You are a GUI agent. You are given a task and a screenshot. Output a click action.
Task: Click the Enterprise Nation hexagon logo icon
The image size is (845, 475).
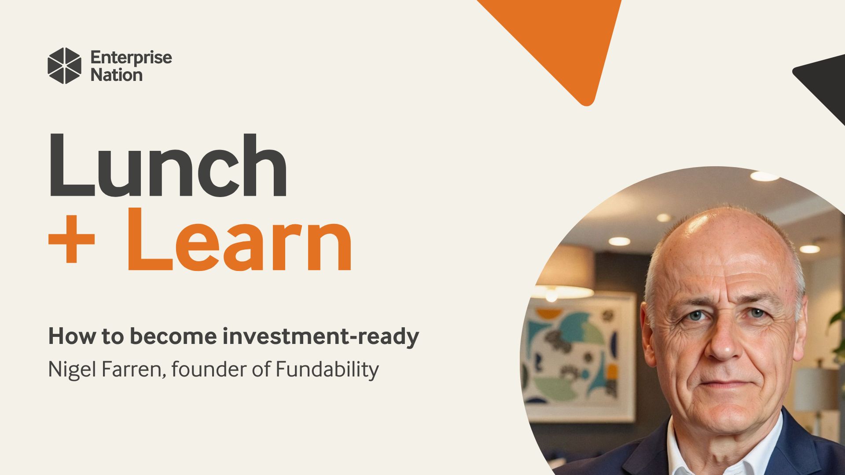pos(64,66)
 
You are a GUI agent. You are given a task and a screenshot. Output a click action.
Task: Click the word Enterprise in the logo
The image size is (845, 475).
pos(131,58)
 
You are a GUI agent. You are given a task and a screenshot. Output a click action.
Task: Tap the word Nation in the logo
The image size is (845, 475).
pos(117,75)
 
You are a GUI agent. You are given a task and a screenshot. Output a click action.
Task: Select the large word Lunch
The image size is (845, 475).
pos(168,165)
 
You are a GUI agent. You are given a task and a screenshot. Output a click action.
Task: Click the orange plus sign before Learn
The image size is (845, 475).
pos(71,241)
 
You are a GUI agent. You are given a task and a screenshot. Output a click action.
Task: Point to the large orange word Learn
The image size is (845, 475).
pos(240,240)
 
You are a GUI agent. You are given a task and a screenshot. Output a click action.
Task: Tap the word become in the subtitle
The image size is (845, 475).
pos(173,336)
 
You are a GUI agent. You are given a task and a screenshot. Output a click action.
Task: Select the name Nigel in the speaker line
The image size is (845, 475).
pos(72,369)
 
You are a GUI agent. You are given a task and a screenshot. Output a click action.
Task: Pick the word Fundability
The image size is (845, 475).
pos(327,369)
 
